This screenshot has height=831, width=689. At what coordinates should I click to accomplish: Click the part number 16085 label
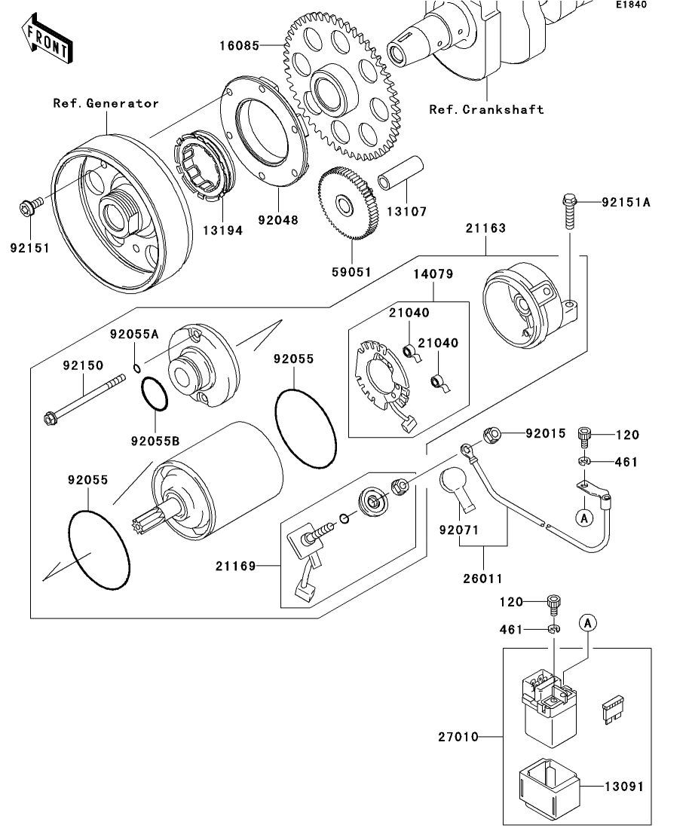click(240, 46)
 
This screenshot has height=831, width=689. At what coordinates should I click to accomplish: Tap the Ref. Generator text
click(106, 103)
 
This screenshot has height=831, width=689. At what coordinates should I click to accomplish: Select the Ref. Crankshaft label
click(486, 110)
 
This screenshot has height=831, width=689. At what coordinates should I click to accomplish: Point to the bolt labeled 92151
click(32, 205)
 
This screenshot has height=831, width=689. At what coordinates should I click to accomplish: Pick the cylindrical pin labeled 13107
click(400, 173)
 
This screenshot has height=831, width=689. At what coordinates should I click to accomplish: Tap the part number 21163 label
click(485, 228)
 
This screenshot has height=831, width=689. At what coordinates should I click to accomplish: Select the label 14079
click(433, 274)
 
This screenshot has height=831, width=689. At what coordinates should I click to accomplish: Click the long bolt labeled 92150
click(84, 401)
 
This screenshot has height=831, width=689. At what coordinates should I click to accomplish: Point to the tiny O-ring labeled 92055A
click(137, 368)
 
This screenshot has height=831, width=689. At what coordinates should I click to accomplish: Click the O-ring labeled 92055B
click(155, 394)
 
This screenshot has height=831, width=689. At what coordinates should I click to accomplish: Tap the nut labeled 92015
click(491, 435)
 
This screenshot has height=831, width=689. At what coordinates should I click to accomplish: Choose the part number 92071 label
click(459, 530)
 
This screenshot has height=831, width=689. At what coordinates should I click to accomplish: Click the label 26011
click(482, 578)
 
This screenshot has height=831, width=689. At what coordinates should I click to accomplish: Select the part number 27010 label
click(458, 737)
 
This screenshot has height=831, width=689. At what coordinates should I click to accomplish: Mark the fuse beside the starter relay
click(613, 710)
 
